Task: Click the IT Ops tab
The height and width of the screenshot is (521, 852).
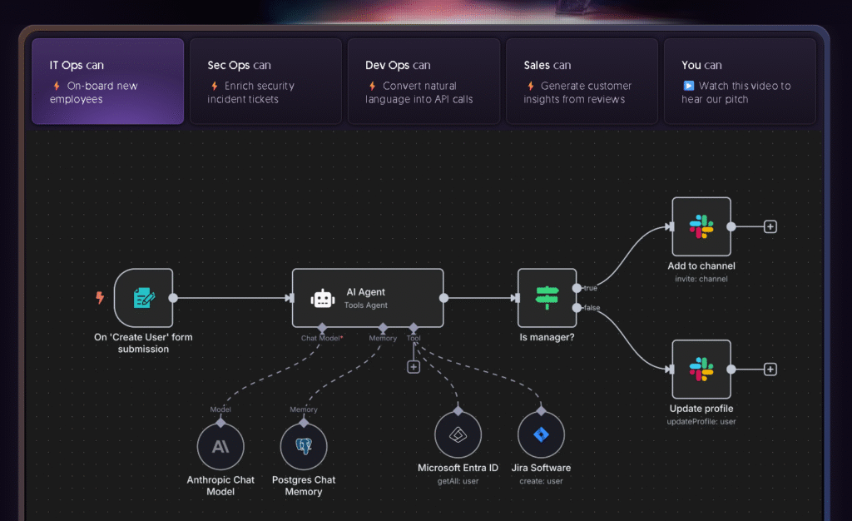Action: (x=107, y=82)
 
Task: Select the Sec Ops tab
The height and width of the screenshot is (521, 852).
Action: (x=265, y=82)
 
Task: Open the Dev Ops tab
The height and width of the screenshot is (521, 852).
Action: (x=424, y=82)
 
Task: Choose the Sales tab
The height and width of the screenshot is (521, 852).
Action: (x=582, y=82)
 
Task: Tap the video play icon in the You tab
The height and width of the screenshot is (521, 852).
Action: (x=689, y=86)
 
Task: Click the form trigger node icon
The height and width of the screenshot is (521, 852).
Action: (x=143, y=298)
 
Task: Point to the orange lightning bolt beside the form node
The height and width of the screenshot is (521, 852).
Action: (x=101, y=297)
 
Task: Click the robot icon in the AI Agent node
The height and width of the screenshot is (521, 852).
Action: (x=322, y=299)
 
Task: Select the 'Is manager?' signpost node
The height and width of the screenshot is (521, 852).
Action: (x=547, y=298)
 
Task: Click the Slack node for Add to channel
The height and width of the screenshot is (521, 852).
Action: (x=701, y=226)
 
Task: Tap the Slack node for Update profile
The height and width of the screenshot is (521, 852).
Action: (x=701, y=370)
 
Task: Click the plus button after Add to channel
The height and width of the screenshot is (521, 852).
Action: (x=770, y=226)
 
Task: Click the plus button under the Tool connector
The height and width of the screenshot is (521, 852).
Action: (x=414, y=366)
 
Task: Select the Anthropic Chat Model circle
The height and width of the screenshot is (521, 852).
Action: (x=220, y=446)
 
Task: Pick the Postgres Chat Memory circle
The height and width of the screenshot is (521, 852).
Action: (x=304, y=446)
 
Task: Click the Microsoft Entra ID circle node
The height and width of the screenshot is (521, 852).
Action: (x=458, y=435)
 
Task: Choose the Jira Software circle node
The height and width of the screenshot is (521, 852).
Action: (x=541, y=435)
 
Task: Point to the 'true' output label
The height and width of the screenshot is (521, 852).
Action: (x=591, y=288)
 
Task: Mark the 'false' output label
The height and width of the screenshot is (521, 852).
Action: (x=591, y=308)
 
